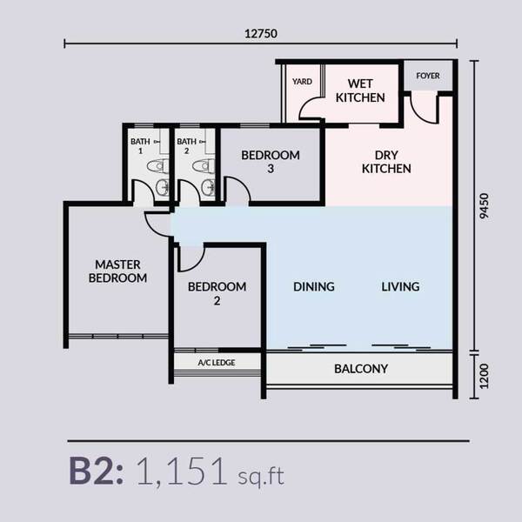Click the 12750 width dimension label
261,34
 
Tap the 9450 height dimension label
485,206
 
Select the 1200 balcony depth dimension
485,376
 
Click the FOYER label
428,76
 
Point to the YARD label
302,82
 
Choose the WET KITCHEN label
360,90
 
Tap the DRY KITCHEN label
386,162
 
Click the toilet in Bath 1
158,166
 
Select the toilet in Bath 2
204,166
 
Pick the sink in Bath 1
163,188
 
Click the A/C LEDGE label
217,363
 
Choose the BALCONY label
361,369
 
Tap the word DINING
313,286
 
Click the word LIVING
400,286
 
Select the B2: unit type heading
97,472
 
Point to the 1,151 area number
182,472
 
